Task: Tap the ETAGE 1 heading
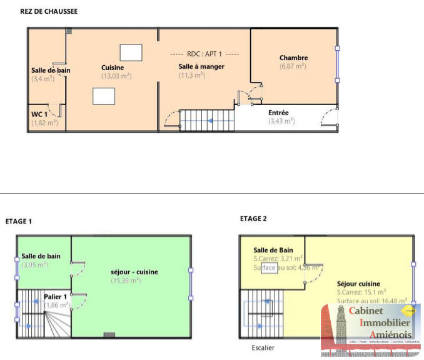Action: [x=19, y=221]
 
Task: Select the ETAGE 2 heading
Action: [x=253, y=219]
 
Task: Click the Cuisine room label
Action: [x=113, y=68]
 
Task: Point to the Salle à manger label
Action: [x=201, y=66]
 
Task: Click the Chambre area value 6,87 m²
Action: [x=293, y=66]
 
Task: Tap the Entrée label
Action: [x=278, y=113]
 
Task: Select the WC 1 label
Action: [x=39, y=115]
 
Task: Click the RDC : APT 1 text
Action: [x=204, y=54]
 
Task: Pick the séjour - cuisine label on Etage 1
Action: [x=134, y=272]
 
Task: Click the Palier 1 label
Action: [x=56, y=296]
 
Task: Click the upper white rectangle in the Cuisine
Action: [x=131, y=52]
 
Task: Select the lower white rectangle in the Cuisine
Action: [x=103, y=96]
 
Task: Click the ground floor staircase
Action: [x=208, y=120]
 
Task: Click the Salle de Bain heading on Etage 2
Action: [x=273, y=250]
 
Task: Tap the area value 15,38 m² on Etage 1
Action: [x=126, y=280]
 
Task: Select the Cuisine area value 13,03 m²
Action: [x=116, y=76]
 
